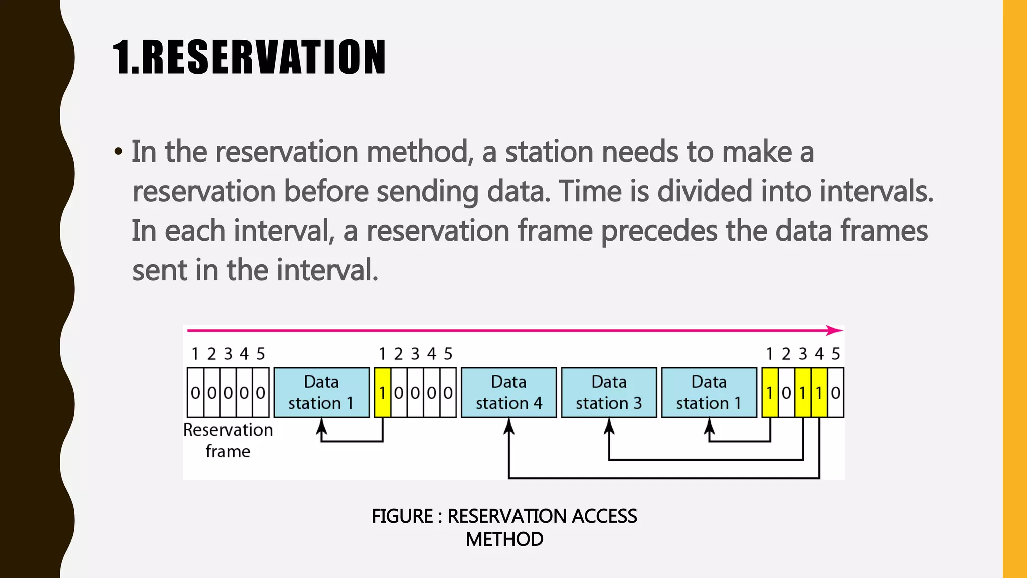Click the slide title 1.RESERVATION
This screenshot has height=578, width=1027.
(249, 57)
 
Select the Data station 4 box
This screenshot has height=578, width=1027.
(508, 392)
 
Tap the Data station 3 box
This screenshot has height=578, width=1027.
(609, 392)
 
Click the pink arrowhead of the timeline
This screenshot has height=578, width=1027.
(835, 330)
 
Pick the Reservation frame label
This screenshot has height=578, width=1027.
(228, 440)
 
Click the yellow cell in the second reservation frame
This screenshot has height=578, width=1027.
(382, 392)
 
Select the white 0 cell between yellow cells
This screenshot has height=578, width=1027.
(786, 392)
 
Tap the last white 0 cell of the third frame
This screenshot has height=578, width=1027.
(836, 392)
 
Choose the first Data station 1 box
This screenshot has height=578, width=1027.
(321, 392)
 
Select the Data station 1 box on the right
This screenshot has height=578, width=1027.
(709, 392)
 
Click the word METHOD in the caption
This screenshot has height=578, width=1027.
(504, 539)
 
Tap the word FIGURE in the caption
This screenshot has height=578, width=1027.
(402, 516)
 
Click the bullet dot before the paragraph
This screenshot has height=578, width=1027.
(118, 151)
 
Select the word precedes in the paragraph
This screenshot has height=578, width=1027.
(659, 231)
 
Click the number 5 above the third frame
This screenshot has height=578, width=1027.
(836, 354)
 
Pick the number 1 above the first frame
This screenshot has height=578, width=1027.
(195, 354)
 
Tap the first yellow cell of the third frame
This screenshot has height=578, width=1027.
(770, 392)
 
